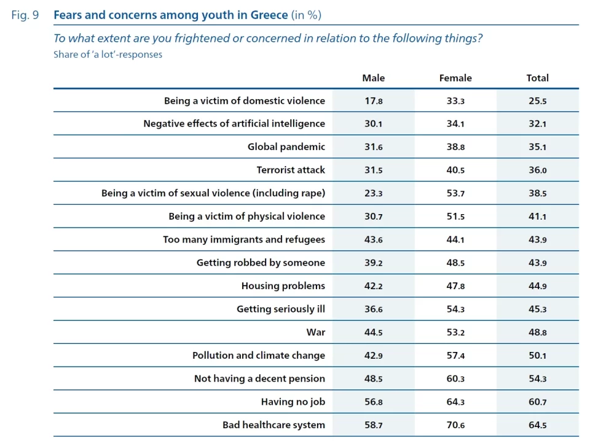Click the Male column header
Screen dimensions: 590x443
tap(373, 78)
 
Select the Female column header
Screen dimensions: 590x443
tap(455, 78)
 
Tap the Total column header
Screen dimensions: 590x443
tap(537, 78)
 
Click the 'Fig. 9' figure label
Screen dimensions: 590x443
tap(25, 15)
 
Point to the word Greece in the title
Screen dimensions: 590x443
tap(269, 15)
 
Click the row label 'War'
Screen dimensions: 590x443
tap(316, 332)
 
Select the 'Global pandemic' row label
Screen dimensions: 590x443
tap(286, 147)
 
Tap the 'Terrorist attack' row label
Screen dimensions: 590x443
tap(291, 170)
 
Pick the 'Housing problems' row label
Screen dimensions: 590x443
tap(283, 286)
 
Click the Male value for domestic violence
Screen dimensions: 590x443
tap(373, 101)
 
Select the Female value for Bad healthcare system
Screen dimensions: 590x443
tap(455, 425)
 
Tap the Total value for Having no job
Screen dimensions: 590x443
tap(537, 402)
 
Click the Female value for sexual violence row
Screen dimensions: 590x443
tap(455, 193)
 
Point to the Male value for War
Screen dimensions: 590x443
tap(373, 332)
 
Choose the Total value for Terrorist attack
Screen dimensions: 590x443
tap(537, 170)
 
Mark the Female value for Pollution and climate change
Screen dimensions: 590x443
tap(455, 356)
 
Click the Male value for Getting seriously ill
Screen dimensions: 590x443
tap(373, 309)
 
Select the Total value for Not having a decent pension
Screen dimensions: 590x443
tap(537, 378)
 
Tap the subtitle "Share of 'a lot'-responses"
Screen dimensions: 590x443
tap(108, 55)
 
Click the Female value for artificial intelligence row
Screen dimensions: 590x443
tap(455, 124)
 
